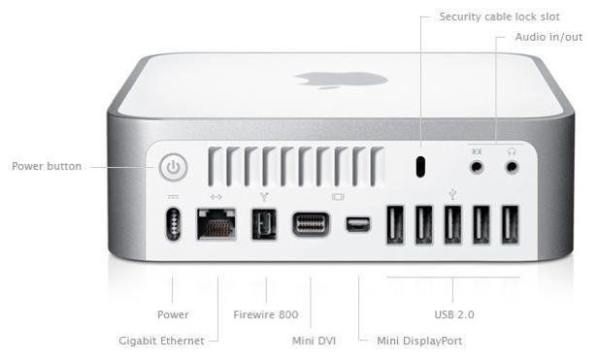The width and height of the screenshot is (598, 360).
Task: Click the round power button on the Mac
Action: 174,167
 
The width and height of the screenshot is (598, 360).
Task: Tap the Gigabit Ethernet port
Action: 216,224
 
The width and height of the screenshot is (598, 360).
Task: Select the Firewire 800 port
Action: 264,224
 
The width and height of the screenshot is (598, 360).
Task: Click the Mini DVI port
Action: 311,224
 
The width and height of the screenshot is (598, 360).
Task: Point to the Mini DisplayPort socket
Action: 358,224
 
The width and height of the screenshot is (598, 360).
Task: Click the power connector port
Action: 174,224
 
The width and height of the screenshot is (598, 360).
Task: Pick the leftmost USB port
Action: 395,224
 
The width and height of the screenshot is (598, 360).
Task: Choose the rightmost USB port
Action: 510,224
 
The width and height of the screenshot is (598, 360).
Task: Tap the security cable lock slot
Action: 420,167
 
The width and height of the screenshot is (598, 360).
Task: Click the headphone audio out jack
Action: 513,167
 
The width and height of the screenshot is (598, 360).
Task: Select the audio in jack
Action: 477,167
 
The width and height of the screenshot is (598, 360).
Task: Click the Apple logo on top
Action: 341,81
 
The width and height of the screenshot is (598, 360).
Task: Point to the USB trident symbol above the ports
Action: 452,194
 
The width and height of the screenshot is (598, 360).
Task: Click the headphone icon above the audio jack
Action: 513,151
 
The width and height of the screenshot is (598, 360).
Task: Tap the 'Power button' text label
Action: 47,166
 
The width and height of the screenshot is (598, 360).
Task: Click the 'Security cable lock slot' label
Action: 499,16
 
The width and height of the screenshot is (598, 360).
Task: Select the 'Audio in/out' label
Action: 548,37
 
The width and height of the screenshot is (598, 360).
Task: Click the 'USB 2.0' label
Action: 454,314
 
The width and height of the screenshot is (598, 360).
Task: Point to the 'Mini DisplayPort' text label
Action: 419,341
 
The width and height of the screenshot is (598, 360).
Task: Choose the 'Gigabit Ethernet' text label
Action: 161,341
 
